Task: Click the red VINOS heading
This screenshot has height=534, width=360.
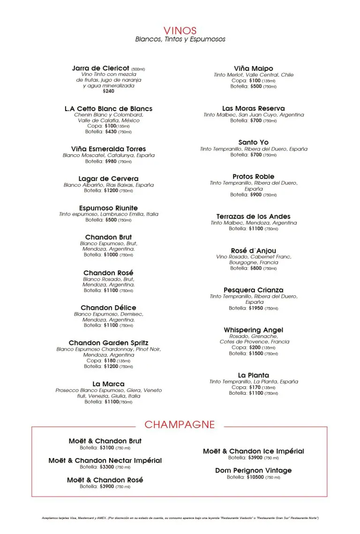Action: click(x=180, y=31)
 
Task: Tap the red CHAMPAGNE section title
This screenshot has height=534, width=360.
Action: click(x=180, y=425)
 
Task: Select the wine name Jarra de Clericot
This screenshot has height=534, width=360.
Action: click(x=100, y=68)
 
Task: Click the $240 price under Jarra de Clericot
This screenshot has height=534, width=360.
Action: click(x=108, y=91)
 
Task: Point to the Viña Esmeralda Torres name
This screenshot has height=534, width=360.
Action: click(x=108, y=149)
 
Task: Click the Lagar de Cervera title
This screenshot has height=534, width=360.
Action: click(x=108, y=179)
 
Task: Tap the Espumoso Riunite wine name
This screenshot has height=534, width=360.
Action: click(x=108, y=208)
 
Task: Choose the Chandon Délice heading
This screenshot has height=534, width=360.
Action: click(x=108, y=308)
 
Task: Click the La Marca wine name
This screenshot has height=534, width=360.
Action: click(x=108, y=384)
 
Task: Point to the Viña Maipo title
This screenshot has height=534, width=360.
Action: click(x=254, y=68)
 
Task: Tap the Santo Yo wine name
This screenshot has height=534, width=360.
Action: click(x=254, y=143)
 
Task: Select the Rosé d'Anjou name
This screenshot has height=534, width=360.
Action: click(x=254, y=251)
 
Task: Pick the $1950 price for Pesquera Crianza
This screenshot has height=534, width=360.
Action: click(x=256, y=308)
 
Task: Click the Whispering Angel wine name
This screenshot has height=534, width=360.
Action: click(x=254, y=330)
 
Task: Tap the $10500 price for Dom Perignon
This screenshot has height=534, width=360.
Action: click(x=255, y=477)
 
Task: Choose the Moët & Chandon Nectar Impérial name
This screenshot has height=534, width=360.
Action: click(x=105, y=460)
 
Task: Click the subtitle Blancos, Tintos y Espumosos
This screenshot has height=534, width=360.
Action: click(x=180, y=39)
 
